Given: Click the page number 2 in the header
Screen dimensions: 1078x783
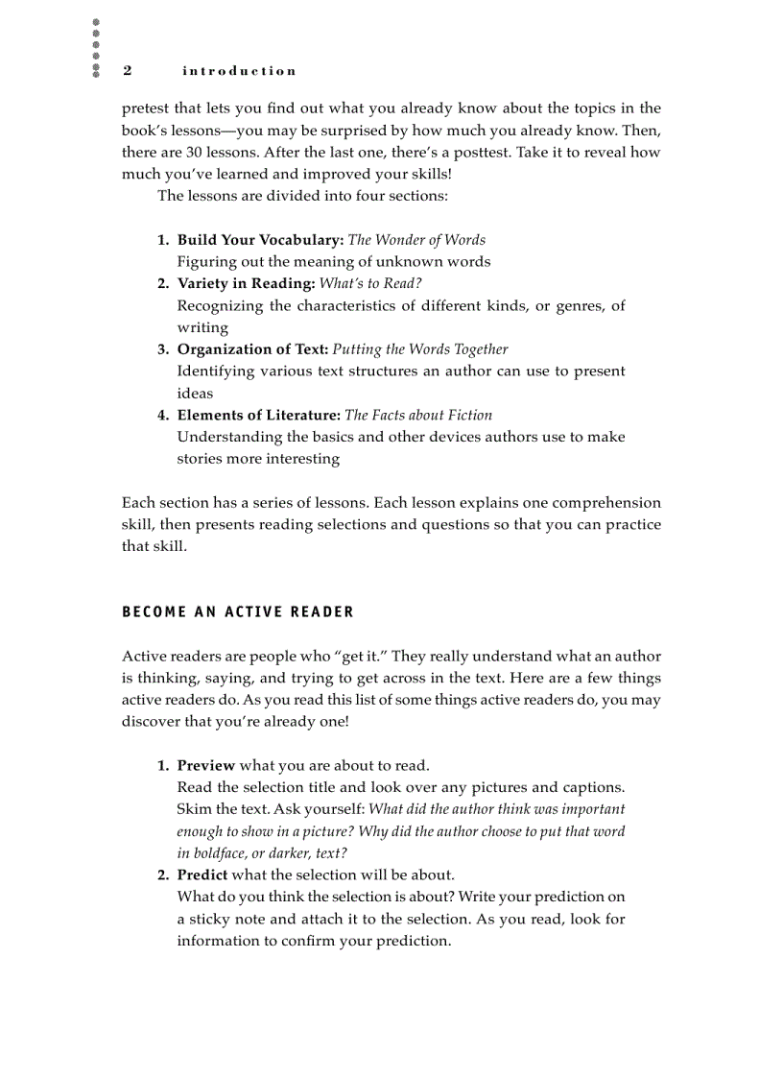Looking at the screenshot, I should tap(128, 71).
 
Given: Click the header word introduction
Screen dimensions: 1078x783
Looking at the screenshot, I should tap(239, 71).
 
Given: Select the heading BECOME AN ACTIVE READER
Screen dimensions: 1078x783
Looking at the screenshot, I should tap(238, 612).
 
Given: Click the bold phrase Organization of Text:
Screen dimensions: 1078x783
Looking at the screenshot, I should tap(252, 349).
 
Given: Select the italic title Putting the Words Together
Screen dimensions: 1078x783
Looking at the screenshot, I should tap(420, 349).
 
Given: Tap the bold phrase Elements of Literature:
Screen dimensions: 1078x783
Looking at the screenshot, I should tap(259, 416).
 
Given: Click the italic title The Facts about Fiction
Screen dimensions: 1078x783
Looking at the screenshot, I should tap(418, 416).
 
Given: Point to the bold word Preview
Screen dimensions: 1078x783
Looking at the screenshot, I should tap(205, 765).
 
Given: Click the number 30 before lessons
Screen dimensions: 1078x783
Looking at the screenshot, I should tap(197, 153).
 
